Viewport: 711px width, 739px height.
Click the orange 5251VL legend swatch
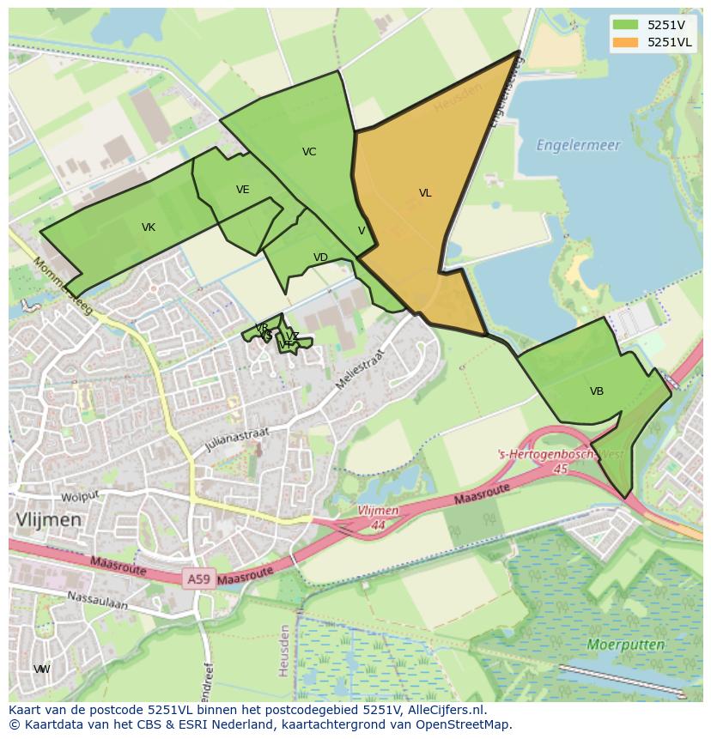pos(625,42)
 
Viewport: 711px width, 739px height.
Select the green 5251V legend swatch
pos(625,25)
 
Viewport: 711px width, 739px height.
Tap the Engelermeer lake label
pos(578,145)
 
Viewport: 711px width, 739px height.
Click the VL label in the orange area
pos(425,193)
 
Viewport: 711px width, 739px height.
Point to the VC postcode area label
pos(309,152)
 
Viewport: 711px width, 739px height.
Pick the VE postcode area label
pos(243,190)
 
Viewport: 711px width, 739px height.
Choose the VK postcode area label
pos(149,227)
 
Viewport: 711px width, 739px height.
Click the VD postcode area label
pos(320,257)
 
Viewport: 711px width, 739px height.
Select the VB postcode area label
pos(597,391)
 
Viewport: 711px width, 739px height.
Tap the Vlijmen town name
pos(49,520)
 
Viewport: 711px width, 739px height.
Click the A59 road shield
pos(198,580)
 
